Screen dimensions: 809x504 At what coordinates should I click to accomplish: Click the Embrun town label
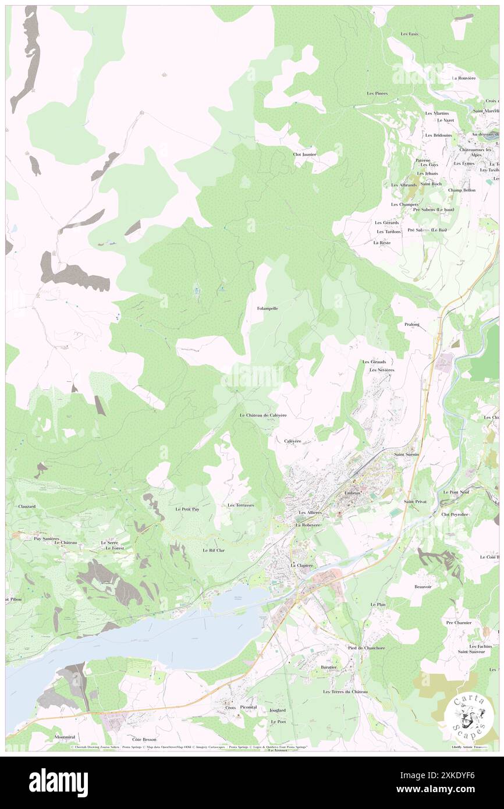(353, 492)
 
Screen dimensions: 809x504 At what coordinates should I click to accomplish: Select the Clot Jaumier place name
(304, 154)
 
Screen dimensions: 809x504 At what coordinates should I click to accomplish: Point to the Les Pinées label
(377, 93)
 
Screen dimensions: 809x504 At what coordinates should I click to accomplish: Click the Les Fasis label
(409, 34)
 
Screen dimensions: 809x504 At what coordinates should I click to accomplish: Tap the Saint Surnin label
(407, 454)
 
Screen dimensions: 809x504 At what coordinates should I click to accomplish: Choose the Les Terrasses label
(240, 505)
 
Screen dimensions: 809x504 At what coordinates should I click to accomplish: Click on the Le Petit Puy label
(187, 509)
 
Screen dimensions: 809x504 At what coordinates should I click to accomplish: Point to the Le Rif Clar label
(214, 550)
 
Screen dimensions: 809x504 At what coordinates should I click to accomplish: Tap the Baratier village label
(329, 668)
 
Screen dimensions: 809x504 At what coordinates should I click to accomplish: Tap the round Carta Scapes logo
(468, 716)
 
